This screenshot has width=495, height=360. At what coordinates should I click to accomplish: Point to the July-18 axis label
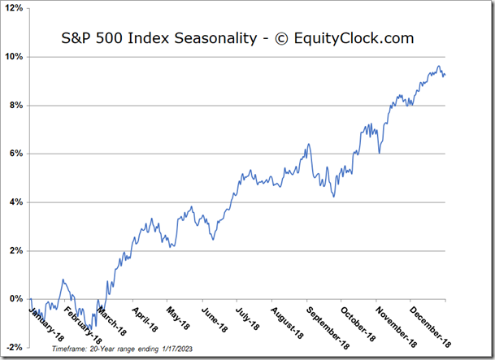[247, 318]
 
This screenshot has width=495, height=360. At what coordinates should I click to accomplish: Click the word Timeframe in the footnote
[70, 349]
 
